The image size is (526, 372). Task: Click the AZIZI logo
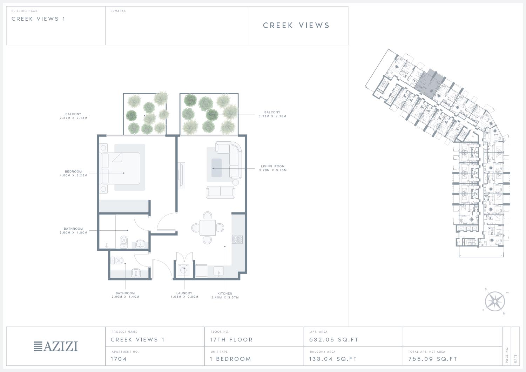pyautogui.click(x=56, y=346)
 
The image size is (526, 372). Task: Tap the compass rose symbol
pyautogui.click(x=495, y=301)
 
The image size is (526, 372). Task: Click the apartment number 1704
pyautogui.click(x=119, y=359)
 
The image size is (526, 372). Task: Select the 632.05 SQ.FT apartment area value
pyautogui.click(x=334, y=340)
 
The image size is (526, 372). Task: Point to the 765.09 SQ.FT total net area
pyautogui.click(x=432, y=359)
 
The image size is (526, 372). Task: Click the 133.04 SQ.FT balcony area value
pyautogui.click(x=333, y=359)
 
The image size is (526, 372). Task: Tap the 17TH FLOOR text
pyautogui.click(x=231, y=340)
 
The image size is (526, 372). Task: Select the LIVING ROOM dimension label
pyautogui.click(x=273, y=168)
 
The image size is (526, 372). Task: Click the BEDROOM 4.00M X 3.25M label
pyautogui.click(x=73, y=173)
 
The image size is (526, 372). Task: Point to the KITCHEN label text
pyautogui.click(x=225, y=293)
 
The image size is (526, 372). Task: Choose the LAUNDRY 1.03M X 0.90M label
pyautogui.click(x=184, y=295)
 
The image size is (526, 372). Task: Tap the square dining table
pyautogui.click(x=208, y=228)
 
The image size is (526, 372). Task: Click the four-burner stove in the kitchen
pyautogui.click(x=237, y=239)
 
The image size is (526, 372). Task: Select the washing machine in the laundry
pyautogui.click(x=183, y=271)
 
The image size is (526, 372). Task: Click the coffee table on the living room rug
pyautogui.click(x=216, y=168)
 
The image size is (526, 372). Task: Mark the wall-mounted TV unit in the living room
pyautogui.click(x=181, y=175)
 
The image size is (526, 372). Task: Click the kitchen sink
pyautogui.click(x=218, y=271)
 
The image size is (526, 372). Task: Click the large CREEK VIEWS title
pyautogui.click(x=296, y=25)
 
